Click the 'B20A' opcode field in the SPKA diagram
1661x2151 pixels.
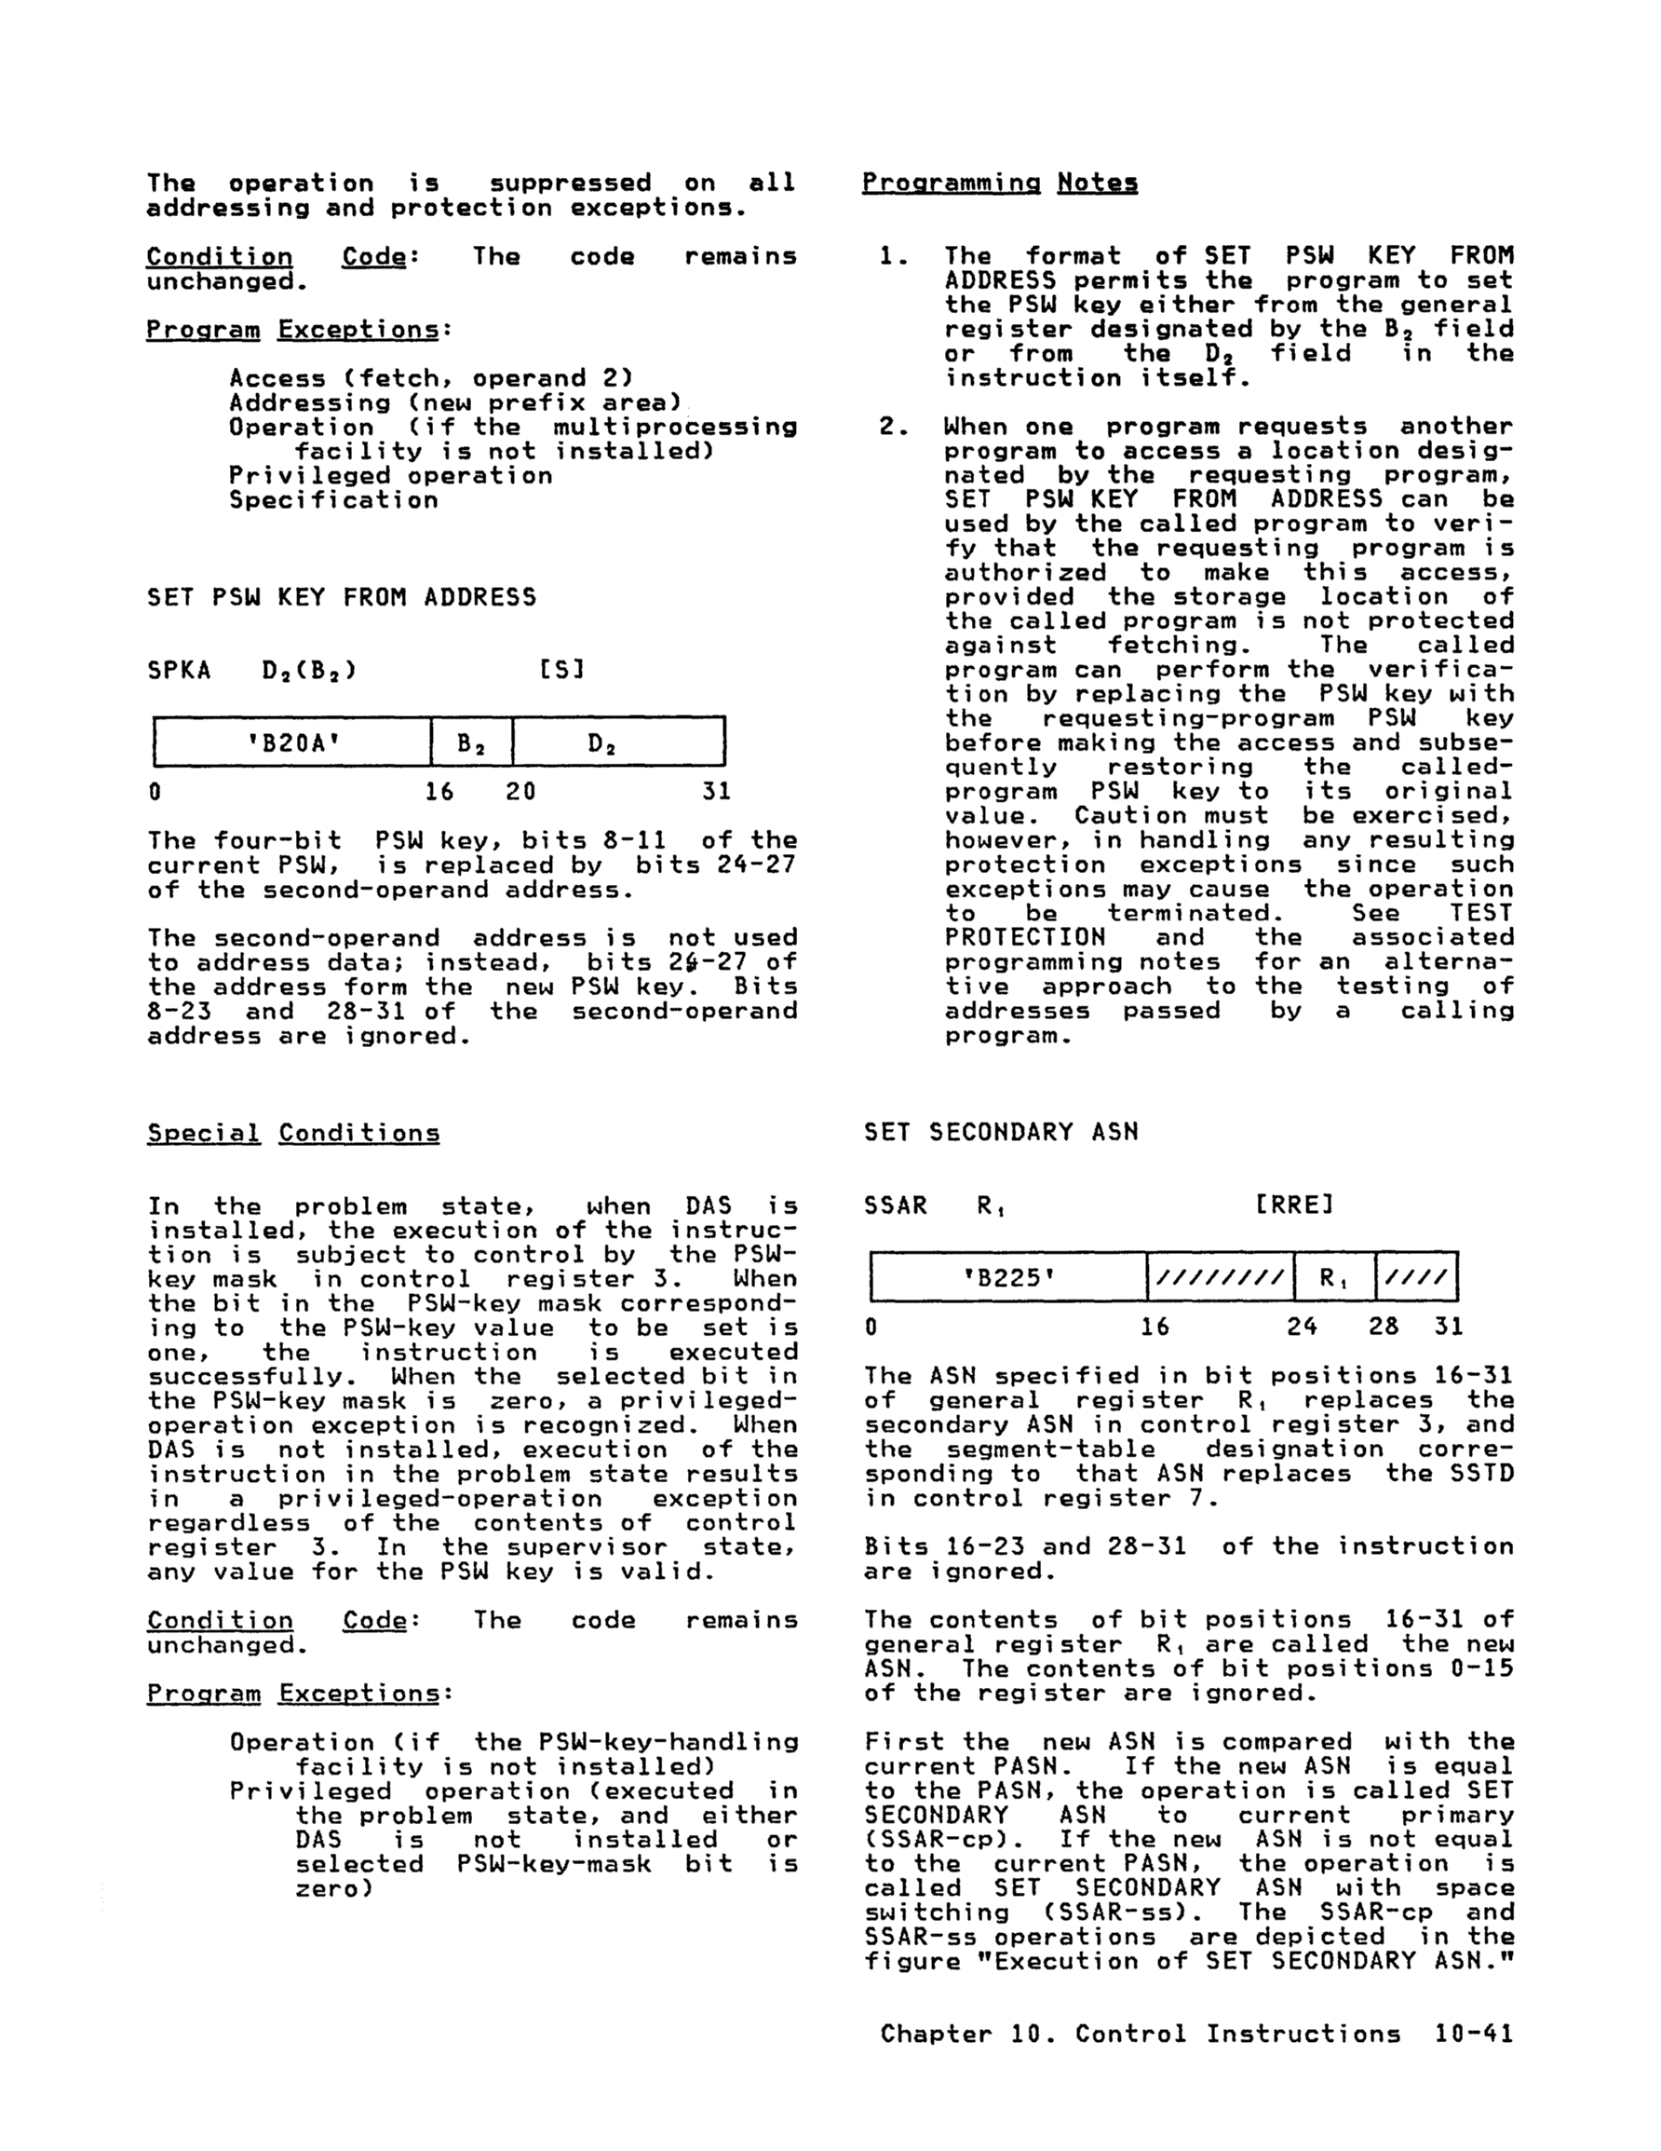click(x=292, y=742)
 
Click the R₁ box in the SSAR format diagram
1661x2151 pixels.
click(x=1334, y=1278)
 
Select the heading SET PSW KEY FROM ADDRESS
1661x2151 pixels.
click(x=342, y=597)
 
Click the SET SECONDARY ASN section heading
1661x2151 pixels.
click(x=1000, y=1132)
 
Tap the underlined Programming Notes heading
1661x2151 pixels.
click(x=999, y=183)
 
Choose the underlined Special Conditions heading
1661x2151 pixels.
click(x=293, y=1133)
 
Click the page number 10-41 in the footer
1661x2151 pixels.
click(x=1473, y=2035)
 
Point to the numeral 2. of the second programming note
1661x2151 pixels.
click(x=892, y=427)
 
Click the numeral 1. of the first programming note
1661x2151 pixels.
click(x=892, y=256)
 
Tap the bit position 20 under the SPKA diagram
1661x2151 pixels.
click(x=520, y=791)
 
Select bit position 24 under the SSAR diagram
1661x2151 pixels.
click(x=1302, y=1327)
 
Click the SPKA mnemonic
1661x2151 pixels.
click(x=178, y=670)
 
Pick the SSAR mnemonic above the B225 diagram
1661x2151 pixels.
click(x=895, y=1205)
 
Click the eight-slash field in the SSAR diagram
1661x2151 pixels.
click(x=1220, y=1278)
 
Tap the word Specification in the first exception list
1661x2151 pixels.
click(x=333, y=499)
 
